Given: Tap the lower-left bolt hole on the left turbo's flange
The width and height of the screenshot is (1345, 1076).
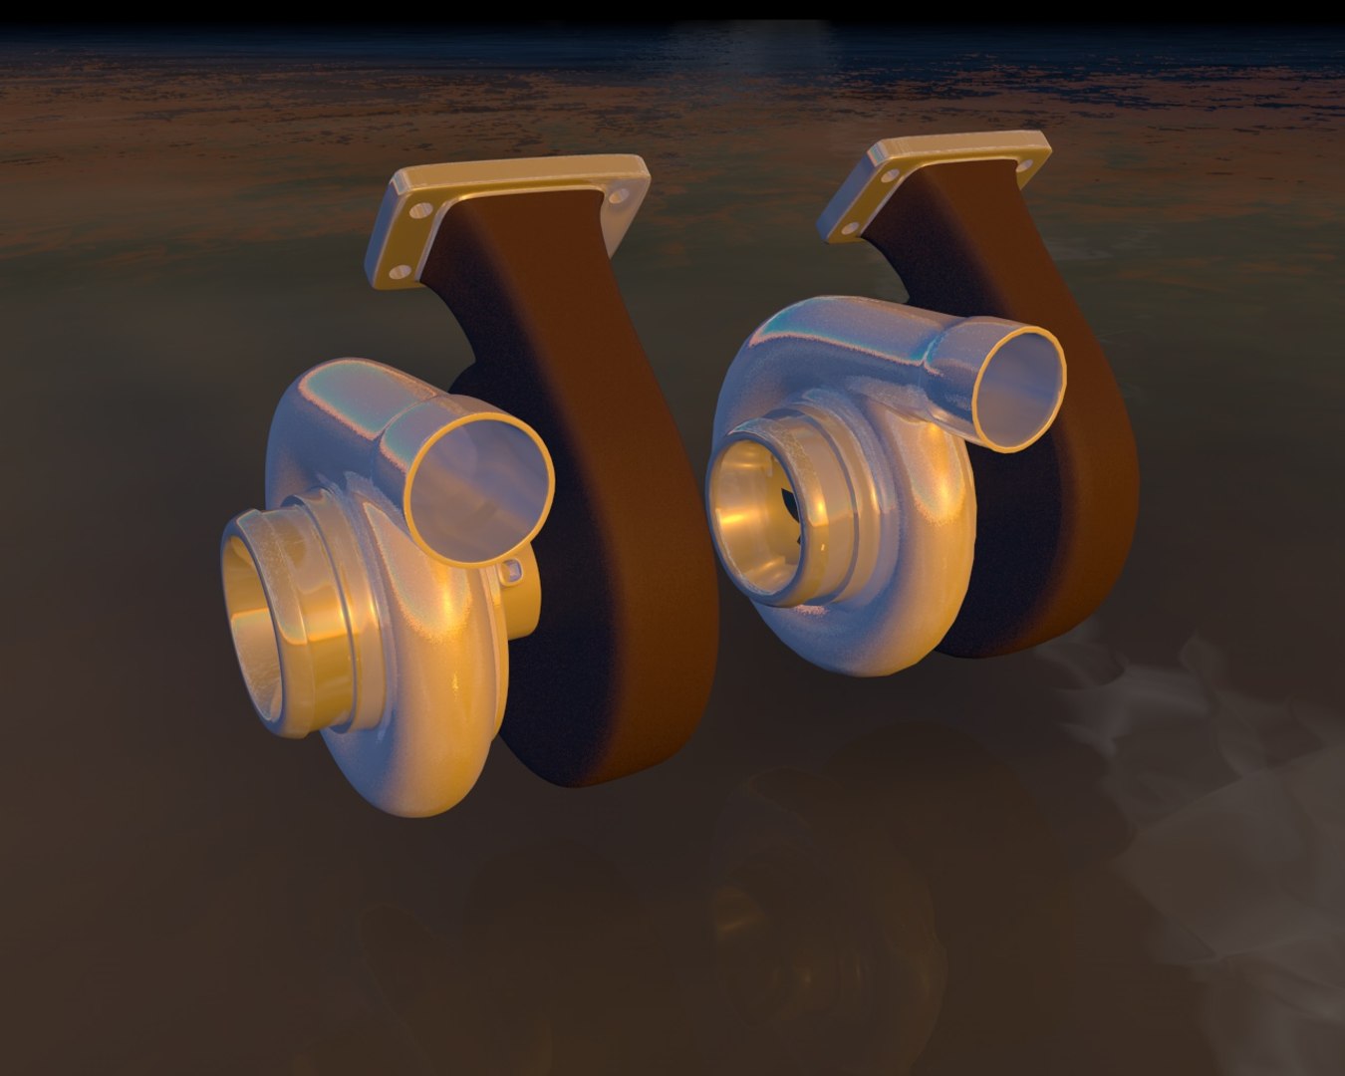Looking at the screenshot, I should pos(401,270).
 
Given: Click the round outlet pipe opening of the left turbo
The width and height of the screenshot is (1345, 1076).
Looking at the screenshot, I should pos(479,478).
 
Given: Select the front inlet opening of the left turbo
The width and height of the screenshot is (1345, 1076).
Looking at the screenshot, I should pos(261,628).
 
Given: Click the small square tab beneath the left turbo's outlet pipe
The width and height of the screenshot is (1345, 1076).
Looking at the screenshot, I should pos(514,570).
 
